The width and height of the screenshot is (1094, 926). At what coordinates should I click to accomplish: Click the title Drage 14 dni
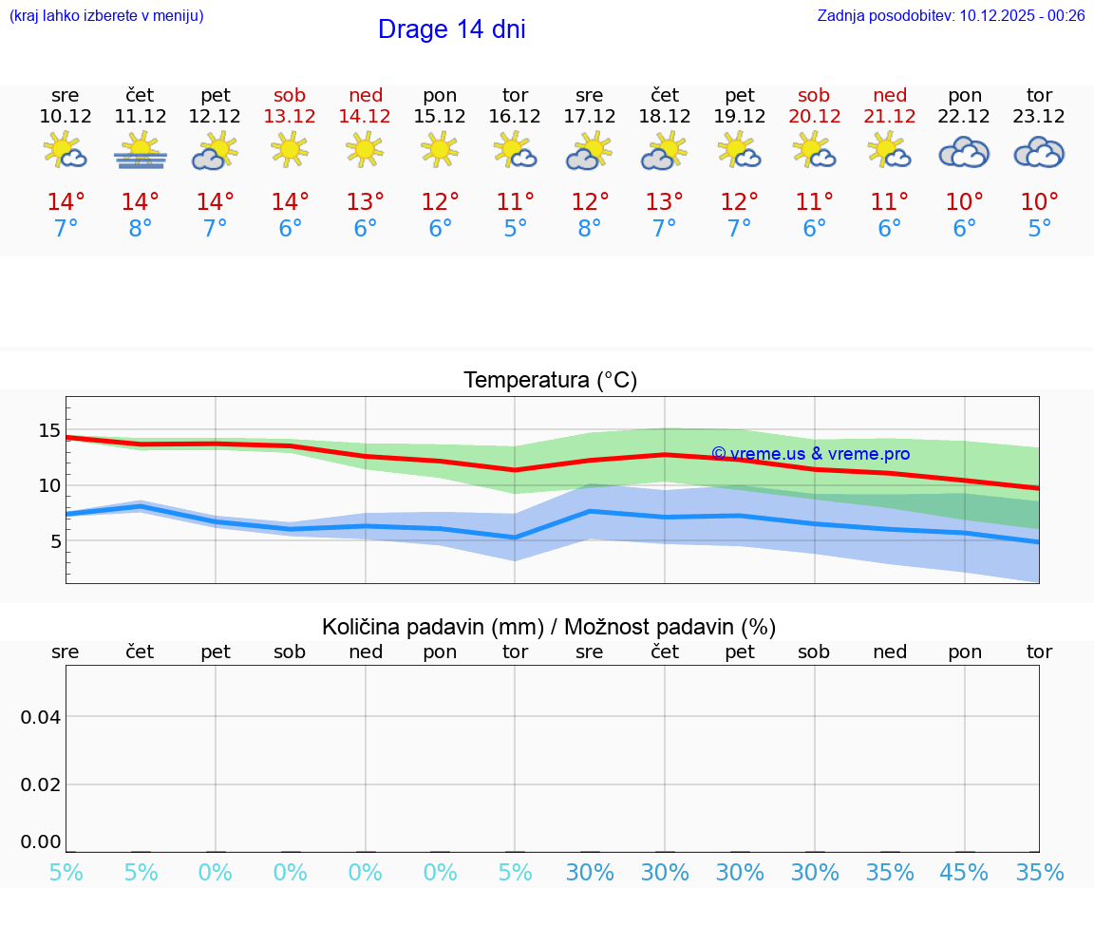click(x=451, y=29)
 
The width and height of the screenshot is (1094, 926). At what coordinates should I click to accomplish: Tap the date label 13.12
click(x=290, y=116)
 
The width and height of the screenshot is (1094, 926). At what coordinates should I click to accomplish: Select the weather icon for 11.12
click(x=141, y=151)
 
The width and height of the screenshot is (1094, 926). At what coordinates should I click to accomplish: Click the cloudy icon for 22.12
click(x=964, y=152)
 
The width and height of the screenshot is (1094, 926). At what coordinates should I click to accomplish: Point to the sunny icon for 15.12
click(x=440, y=150)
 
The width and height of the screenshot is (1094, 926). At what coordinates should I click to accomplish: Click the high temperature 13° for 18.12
click(x=664, y=201)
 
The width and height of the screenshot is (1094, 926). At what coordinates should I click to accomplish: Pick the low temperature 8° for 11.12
click(x=141, y=229)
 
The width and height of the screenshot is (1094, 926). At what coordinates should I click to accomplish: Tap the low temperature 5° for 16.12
click(x=515, y=229)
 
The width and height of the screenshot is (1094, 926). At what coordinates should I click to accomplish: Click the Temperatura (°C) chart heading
click(x=550, y=381)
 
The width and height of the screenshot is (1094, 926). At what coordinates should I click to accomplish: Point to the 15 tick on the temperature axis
click(x=49, y=430)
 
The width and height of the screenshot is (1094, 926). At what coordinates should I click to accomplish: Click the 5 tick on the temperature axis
click(x=55, y=541)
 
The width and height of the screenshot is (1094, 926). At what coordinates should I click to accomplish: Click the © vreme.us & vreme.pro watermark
click(x=810, y=454)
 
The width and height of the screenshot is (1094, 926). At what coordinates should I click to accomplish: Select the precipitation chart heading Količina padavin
click(x=549, y=627)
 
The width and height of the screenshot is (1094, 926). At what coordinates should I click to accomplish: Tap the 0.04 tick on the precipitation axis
click(x=41, y=716)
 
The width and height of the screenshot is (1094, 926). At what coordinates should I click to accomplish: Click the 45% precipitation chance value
click(x=964, y=873)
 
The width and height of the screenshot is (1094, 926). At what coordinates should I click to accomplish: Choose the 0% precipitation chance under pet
click(x=216, y=873)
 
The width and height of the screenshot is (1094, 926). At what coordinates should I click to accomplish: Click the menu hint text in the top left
click(x=106, y=15)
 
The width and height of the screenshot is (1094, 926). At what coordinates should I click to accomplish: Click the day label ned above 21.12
click(x=890, y=95)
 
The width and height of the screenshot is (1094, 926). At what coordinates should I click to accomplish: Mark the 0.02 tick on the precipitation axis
click(x=41, y=784)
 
